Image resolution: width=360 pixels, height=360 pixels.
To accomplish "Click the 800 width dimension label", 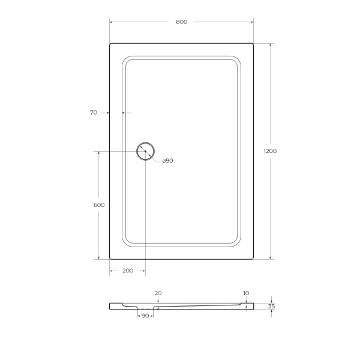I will tap(182, 22).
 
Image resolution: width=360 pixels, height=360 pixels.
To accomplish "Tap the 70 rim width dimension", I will tap(93, 112).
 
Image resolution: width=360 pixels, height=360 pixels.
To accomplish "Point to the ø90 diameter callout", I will tap(167, 161).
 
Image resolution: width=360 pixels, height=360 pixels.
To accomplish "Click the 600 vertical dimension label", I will tap(99, 205).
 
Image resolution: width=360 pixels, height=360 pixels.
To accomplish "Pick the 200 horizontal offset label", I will tap(127, 271).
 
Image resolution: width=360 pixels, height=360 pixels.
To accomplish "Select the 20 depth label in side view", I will tap(158, 293).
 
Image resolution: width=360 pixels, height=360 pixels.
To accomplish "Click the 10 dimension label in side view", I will tap(246, 293).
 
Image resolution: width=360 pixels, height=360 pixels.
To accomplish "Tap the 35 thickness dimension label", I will tap(271, 307).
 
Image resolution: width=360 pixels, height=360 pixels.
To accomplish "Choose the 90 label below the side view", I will tap(145, 316).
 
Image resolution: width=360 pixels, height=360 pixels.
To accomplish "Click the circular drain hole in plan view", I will tap(145, 151).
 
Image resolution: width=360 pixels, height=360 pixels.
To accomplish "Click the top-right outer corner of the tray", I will tap(253, 43).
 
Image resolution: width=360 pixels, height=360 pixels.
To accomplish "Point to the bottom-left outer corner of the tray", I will tap(110, 259).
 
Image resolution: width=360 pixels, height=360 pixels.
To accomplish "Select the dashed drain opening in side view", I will tap(145, 308).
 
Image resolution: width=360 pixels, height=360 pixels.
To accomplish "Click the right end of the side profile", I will tap(253, 306).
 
